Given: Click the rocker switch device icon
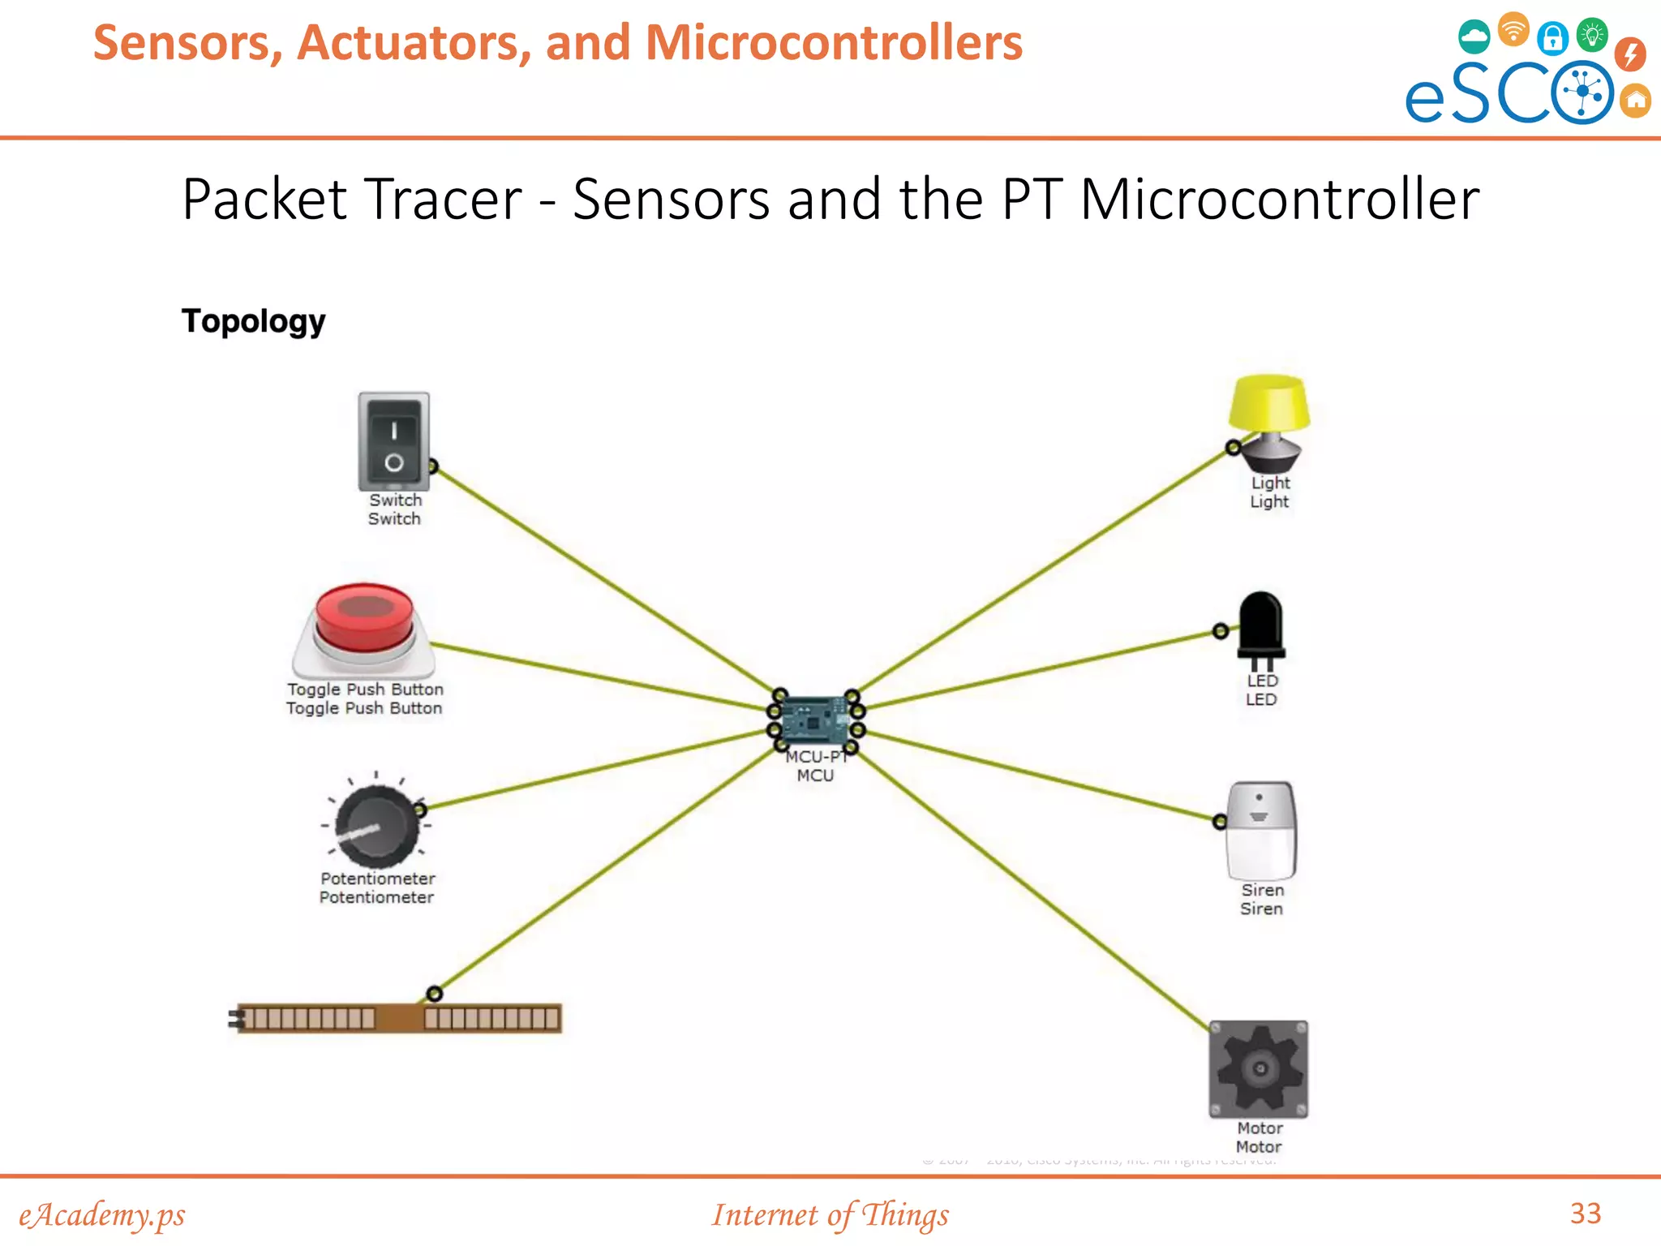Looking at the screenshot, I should (394, 441).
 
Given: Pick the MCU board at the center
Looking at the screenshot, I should (815, 720).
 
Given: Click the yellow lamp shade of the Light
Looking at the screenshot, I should (1268, 402).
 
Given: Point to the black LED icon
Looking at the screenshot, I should (1261, 625).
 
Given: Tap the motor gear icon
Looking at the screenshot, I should (1259, 1069).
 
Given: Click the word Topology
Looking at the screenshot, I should (254, 321).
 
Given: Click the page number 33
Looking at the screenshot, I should (1586, 1214).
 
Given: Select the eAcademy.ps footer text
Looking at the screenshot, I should (102, 1215).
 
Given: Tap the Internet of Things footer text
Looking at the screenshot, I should (830, 1215).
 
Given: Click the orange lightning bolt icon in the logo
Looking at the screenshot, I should (1629, 54).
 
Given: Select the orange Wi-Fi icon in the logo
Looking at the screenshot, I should (1513, 29).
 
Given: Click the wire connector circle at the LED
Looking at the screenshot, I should (1221, 631).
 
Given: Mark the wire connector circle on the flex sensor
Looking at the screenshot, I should (435, 994).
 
